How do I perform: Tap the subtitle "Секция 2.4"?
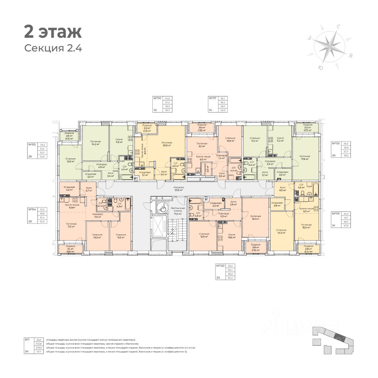tap(53, 48)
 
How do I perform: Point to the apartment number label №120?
tap(220, 267)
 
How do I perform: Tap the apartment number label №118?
tap(336, 144)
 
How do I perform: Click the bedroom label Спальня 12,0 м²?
tap(71, 160)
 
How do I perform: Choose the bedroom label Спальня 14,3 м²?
tap(281, 231)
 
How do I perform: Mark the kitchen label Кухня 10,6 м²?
tap(232, 236)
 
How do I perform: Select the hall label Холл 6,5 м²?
tap(282, 189)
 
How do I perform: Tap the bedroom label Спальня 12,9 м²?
tap(204, 235)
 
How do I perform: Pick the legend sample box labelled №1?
tap(27, 339)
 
